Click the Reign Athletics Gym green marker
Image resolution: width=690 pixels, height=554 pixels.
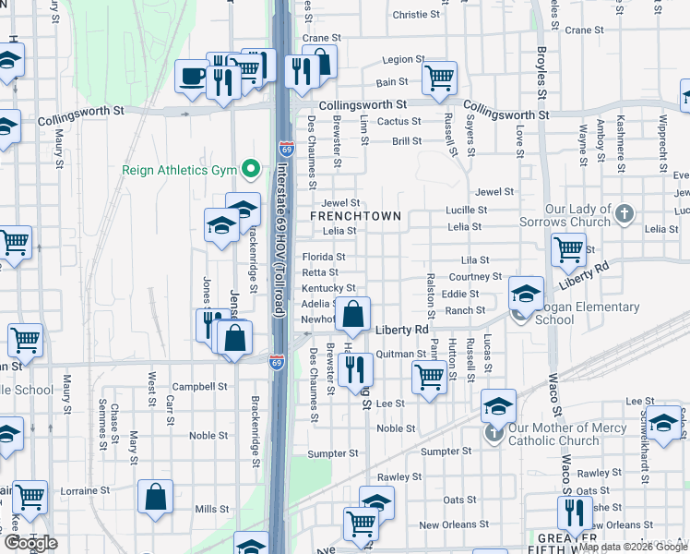(x=249, y=169)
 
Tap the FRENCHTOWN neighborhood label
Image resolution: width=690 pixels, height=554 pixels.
(x=356, y=216)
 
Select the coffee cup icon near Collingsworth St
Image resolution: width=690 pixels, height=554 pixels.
(x=193, y=78)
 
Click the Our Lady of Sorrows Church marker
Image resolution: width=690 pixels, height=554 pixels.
(x=625, y=213)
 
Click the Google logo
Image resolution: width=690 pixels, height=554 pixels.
(x=30, y=542)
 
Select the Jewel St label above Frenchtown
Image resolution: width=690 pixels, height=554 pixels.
(x=340, y=203)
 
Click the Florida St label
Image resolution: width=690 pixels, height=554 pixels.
(x=324, y=257)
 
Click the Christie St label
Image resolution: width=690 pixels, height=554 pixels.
(x=416, y=15)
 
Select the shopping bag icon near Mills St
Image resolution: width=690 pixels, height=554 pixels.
(x=156, y=498)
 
